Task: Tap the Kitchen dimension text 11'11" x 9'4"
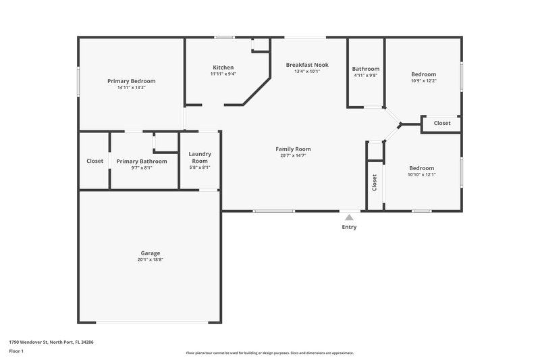pos(223,74)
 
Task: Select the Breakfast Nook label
pos(307,65)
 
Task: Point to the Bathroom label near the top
pos(366,69)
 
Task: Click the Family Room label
pos(293,149)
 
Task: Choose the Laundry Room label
pos(200,157)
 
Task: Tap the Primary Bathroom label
pos(142,161)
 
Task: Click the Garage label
pos(151,253)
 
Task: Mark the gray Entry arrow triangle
pos(349,217)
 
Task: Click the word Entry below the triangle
pos(349,227)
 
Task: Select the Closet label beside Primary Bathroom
pos(94,161)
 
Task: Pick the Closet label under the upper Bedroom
pos(442,124)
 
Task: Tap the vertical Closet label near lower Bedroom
pos(375,183)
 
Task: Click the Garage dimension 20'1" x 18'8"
pos(151,260)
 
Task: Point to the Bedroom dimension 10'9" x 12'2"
pos(423,81)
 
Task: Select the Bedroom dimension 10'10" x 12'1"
pos(422,175)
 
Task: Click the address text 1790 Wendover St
pos(51,342)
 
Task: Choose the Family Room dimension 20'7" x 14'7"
pos(293,155)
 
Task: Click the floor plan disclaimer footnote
pos(269,353)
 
